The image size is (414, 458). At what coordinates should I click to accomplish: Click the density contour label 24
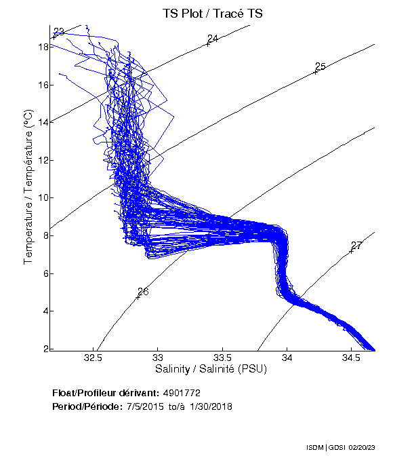click(x=212, y=39)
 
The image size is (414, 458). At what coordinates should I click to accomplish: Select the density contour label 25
click(x=320, y=66)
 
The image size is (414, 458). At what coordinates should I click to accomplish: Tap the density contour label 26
click(x=143, y=292)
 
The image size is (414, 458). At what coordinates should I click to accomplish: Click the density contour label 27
click(x=356, y=246)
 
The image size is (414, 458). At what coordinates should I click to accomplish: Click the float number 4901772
click(x=181, y=393)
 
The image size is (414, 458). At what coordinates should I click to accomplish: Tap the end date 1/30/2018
click(x=207, y=406)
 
